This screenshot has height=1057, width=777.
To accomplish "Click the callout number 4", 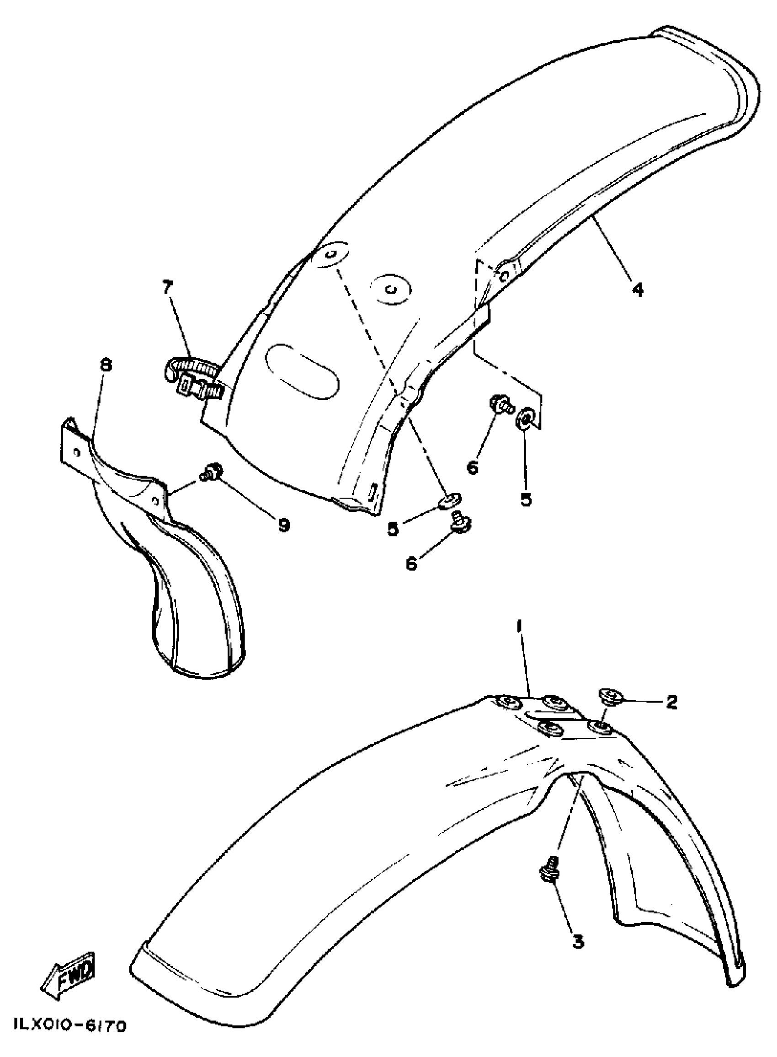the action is coord(637,290).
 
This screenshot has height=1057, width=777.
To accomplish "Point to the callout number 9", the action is coord(284,525).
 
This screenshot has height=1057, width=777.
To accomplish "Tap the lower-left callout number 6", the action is coord(411,563).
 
